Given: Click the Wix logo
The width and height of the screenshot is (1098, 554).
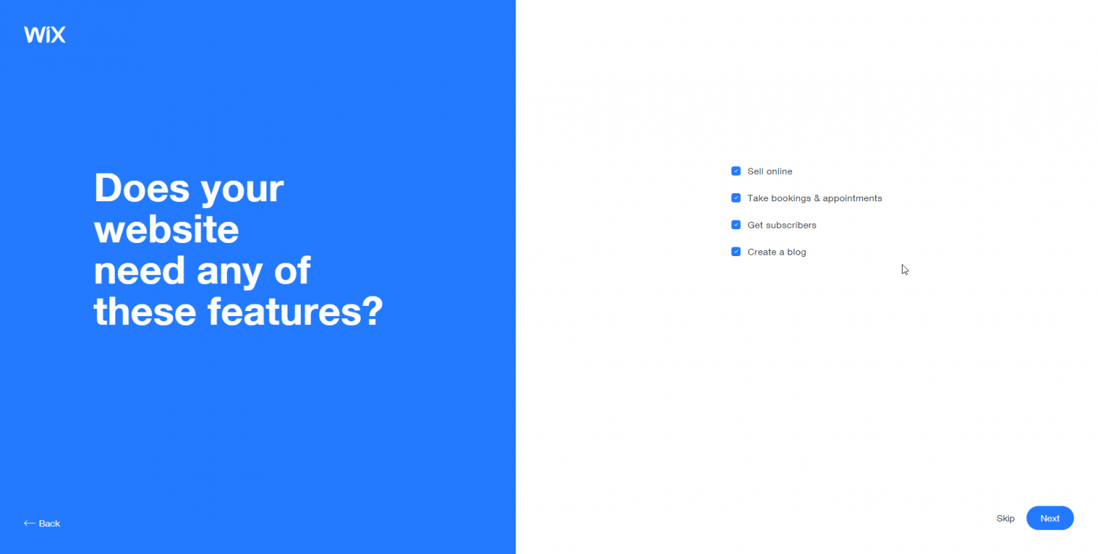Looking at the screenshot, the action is pos(45,34).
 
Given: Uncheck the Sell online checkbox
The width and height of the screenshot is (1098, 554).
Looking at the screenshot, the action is pos(736,171).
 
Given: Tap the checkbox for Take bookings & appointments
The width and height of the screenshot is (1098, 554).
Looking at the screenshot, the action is pos(736,198).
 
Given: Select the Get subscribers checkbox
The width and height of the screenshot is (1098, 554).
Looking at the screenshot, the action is pos(736,225).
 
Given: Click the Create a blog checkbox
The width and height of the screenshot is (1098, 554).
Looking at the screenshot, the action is pos(736,252).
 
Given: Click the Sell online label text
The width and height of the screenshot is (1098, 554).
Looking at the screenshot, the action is pos(769,171).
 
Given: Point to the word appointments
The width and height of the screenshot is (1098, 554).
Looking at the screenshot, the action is pos(853,198).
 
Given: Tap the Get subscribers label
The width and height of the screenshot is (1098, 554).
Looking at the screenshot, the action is pos(782,225).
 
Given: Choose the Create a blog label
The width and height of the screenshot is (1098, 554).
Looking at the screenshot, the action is pos(777,252).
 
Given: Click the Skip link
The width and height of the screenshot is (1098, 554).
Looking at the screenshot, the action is pos(1005,518).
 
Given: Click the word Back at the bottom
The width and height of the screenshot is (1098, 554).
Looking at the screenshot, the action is pos(50,523).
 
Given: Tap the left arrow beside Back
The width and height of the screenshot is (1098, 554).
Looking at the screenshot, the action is pos(29,523).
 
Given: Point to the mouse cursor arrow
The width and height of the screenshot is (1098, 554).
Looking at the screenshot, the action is pos(904,269).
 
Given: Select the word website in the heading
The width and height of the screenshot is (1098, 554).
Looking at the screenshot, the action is pos(166,229).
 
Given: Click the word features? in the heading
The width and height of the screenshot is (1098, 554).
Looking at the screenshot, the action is pos(295,311).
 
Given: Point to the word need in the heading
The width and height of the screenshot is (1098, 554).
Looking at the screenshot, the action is pos(139,270).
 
